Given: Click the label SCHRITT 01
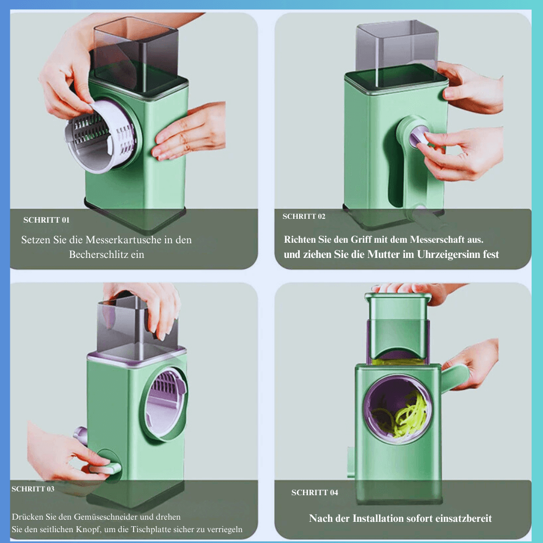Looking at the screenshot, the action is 46,220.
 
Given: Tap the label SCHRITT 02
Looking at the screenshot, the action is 304,217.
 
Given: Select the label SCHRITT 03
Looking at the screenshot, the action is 33,489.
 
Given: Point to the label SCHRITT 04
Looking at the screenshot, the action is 314,493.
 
